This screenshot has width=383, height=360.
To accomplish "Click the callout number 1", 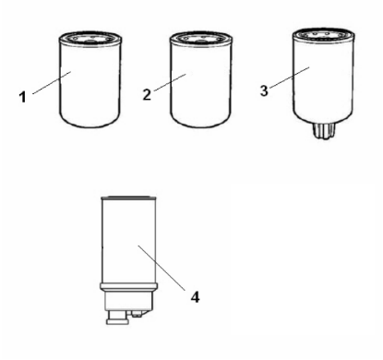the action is pos(22,97).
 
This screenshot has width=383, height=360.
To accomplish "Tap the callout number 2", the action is pos(147,95).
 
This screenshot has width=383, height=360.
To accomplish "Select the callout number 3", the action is pos(264,90).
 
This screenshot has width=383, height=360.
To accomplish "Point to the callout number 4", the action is pos(195,297).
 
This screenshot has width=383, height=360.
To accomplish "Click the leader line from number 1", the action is pos(52,82).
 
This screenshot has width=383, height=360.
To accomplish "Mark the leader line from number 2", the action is pos(170,82).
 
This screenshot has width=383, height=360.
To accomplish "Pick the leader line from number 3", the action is pos(290,78).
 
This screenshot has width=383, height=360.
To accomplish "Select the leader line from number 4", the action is pos(162,268).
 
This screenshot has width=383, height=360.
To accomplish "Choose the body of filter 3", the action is pos(323,80).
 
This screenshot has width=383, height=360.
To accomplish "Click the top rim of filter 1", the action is pos(90,38).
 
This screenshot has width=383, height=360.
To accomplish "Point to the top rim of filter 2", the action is pos(201,38).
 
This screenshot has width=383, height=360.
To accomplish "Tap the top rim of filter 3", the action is pos(323,34).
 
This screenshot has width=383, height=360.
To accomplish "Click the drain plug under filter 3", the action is pos(323,131).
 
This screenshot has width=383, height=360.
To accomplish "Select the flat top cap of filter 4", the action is pos(128,198).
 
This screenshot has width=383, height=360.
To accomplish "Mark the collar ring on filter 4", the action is pos(129,287).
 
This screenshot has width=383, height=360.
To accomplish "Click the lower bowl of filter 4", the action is pos(129,301).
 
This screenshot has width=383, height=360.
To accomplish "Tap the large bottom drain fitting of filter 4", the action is pos(118,318).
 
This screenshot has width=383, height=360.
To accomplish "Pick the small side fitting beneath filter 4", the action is pos(138,314).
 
